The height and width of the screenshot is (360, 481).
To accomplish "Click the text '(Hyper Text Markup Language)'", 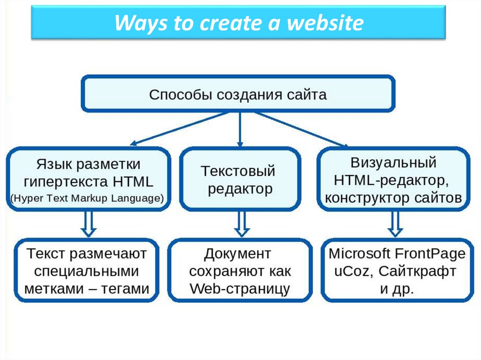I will (x=87, y=198).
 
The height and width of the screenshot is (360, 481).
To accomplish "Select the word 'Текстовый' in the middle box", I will (x=238, y=171).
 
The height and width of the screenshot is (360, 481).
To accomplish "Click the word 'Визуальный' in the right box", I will (x=394, y=162).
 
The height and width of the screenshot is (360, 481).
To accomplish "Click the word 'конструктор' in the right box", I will (x=361, y=198).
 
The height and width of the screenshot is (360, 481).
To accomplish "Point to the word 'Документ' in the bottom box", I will (x=238, y=254).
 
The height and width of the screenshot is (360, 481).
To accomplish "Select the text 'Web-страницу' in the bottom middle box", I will (x=240, y=289).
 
